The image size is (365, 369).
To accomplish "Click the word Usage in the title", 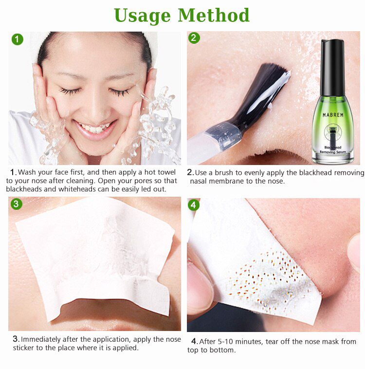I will click(x=143, y=16).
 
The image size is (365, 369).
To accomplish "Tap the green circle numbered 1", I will click(x=17, y=39).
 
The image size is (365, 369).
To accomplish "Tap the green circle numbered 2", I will click(x=194, y=38).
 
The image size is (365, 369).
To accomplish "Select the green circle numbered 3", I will click(x=17, y=203).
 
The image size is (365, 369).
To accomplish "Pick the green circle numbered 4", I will click(x=194, y=205).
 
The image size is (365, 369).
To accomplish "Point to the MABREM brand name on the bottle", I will click(x=333, y=115).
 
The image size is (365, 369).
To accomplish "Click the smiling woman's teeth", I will click(x=95, y=129).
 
